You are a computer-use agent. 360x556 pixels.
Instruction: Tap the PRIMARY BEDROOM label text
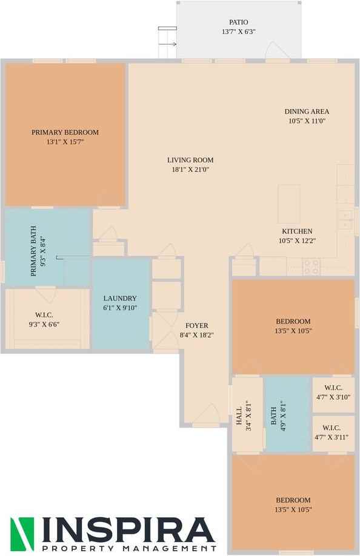65,132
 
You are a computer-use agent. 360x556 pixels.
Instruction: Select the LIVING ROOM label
190,160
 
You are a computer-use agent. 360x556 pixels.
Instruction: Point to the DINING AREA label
307,111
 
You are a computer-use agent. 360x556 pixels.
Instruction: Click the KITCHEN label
297,231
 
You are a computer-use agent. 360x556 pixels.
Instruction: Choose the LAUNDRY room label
120,298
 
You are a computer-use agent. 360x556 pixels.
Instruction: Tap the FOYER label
197,325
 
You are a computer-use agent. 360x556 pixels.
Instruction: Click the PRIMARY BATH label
34,251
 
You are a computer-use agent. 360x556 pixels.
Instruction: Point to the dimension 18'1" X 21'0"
190,170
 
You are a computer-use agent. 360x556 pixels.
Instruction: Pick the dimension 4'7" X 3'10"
333,397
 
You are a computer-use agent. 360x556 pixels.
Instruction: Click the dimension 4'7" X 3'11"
332,437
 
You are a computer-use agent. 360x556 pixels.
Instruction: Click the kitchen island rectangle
289,204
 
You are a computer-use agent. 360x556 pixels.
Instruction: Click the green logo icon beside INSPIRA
22,531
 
